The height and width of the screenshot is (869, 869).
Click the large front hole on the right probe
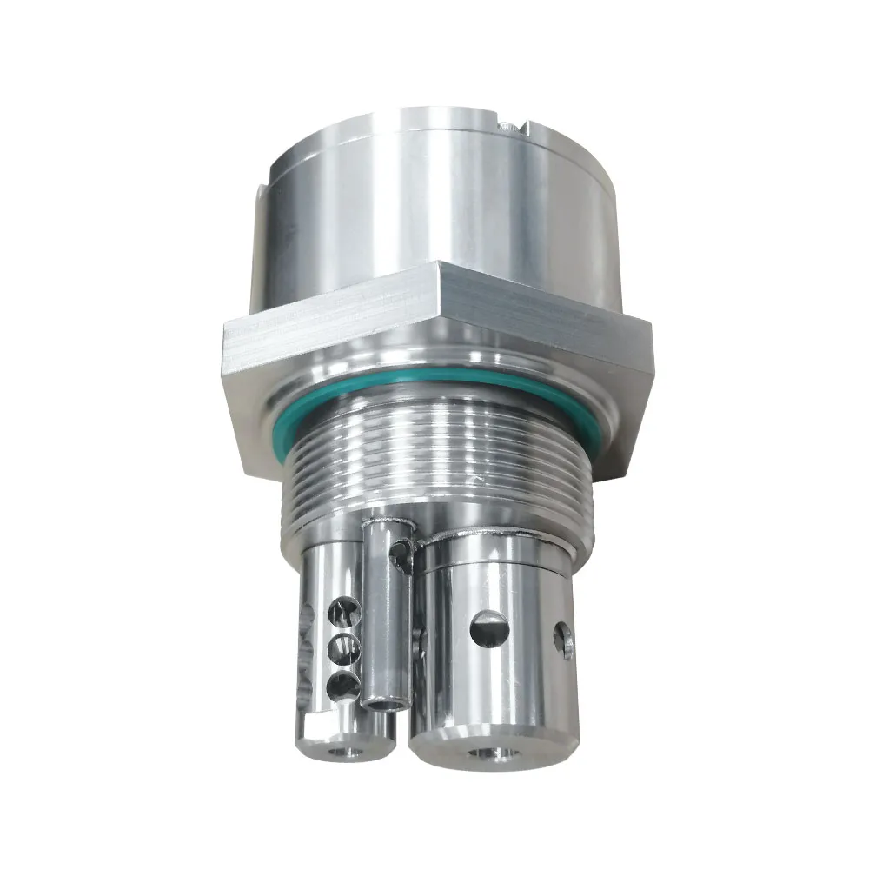click(x=489, y=628)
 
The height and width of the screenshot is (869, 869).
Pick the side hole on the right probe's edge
click(x=566, y=642)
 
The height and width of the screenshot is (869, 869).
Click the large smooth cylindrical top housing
click(x=434, y=200)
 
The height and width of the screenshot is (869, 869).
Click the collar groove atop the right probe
click(x=495, y=543)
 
